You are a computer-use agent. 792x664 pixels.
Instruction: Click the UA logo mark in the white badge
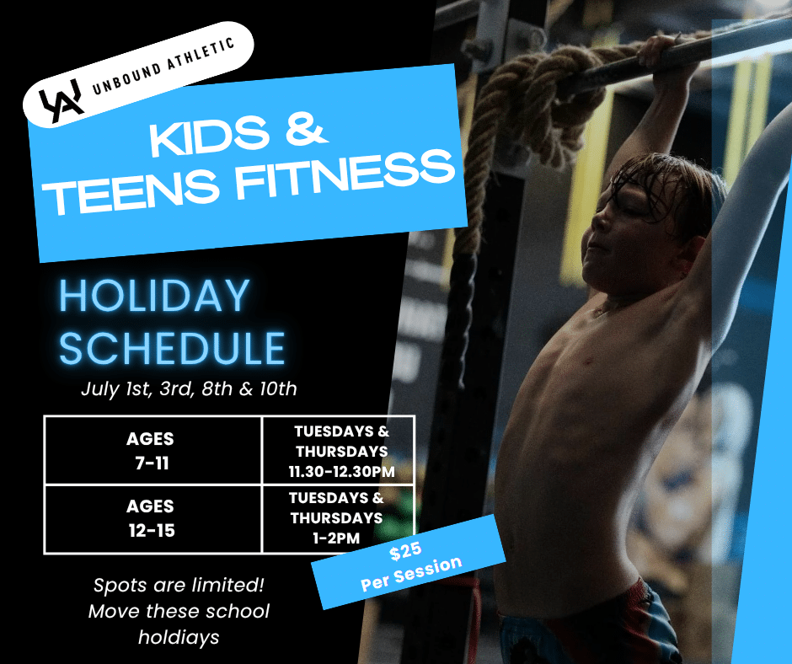point(62,100)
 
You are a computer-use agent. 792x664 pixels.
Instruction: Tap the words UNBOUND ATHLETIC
point(163,67)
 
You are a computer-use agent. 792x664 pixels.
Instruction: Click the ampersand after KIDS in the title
point(304,131)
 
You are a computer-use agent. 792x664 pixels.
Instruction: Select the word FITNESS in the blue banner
point(345,175)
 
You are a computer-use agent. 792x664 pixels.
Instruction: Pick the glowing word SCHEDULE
point(172,348)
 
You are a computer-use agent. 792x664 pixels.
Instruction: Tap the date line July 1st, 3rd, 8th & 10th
point(189,388)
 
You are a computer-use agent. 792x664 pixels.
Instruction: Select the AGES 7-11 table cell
point(153,450)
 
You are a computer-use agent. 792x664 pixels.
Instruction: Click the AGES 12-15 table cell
point(153,519)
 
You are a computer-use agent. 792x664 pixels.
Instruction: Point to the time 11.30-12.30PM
point(341,472)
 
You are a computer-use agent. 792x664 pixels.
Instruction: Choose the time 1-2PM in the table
point(336,538)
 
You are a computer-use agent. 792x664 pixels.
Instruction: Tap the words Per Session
point(411,574)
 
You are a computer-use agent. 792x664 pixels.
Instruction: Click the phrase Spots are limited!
point(179,585)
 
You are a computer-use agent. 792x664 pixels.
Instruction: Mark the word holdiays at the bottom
point(179,637)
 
